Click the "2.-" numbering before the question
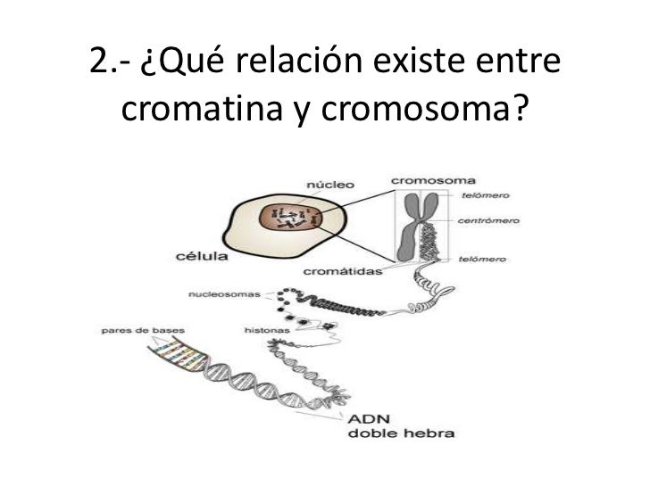111,65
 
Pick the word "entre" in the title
515,65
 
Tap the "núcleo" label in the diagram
330,185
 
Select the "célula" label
200,258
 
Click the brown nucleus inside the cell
288,217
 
